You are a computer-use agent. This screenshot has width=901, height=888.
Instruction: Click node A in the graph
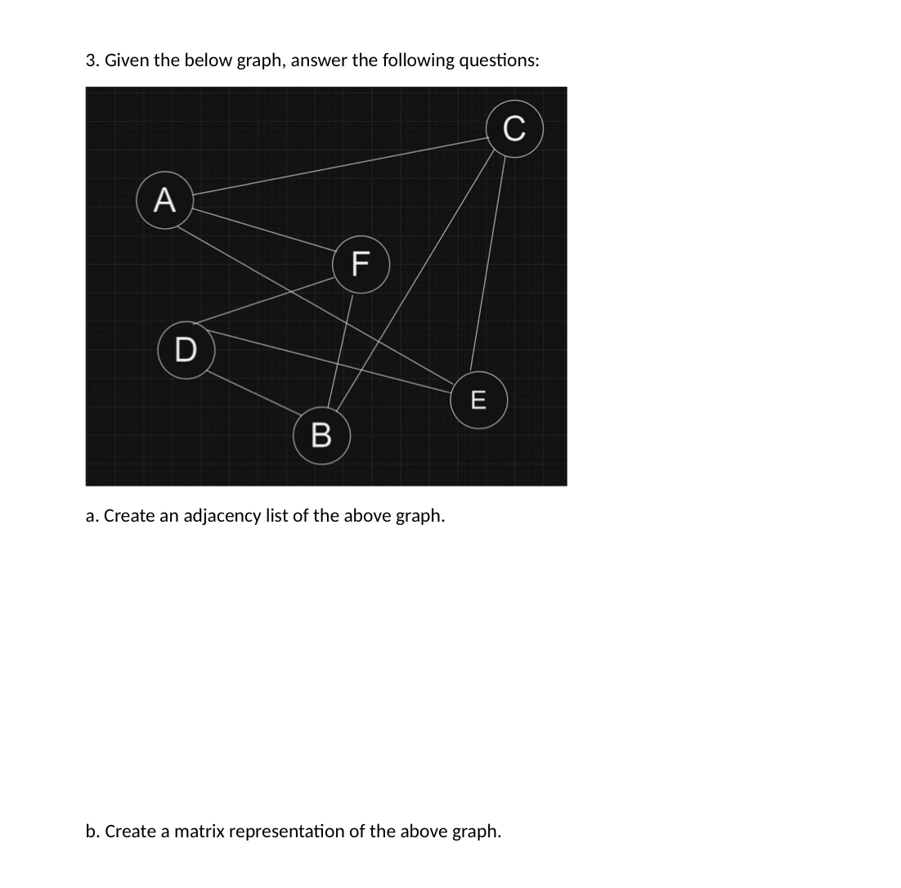point(164,200)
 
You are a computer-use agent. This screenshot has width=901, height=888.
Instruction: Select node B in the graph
point(322,435)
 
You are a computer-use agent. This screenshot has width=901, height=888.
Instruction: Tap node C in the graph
point(513,128)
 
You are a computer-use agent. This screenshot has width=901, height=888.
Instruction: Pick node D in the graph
point(186,350)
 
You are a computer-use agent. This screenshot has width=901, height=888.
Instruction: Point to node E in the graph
point(478,400)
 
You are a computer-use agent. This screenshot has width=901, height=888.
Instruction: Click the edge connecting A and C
point(339,166)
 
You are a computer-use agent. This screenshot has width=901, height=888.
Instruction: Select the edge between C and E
point(488,262)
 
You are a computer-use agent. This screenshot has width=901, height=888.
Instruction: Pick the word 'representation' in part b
point(288,832)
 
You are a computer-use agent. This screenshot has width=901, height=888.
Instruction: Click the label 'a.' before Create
point(92,516)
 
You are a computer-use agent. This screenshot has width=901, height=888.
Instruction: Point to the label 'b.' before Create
point(93,832)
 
